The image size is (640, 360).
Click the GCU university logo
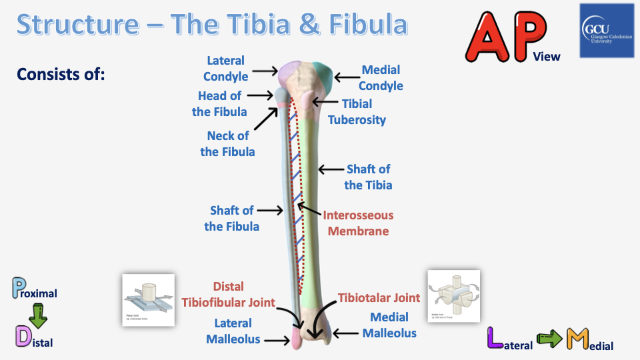coord(609,31)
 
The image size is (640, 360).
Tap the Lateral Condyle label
coord(225,69)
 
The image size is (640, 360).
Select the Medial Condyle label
coord(381,77)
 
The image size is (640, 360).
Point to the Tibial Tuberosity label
coord(357,111)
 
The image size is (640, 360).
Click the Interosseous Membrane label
coord(358,223)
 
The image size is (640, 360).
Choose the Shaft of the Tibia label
coord(368,177)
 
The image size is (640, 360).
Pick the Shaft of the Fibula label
coord(231,218)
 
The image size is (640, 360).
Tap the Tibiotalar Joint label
coord(379,297)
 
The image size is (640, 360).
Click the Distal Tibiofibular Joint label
coord(229,294)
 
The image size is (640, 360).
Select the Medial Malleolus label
coord(389,325)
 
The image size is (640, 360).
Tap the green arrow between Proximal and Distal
coord(37,315)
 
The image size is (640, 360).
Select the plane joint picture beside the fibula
coord(148,299)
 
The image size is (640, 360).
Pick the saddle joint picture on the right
coord(453,296)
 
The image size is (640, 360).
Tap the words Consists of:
coord(61,73)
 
